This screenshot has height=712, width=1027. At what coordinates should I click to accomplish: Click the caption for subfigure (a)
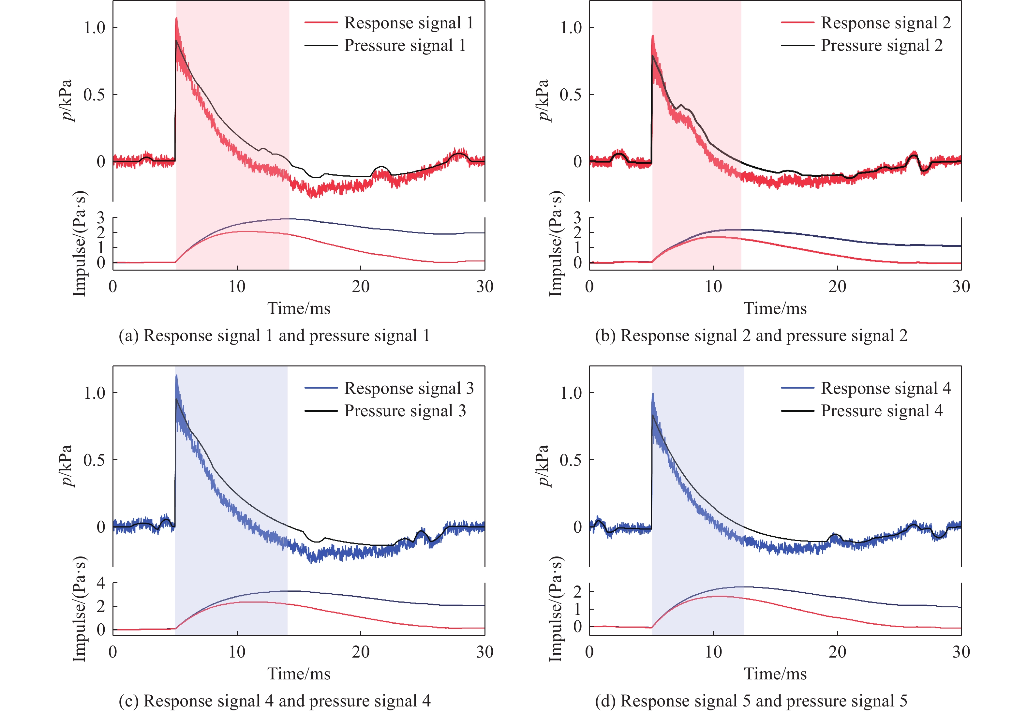274,335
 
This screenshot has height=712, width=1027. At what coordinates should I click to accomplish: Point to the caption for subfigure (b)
751,335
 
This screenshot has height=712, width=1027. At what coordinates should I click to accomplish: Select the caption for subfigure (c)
274,701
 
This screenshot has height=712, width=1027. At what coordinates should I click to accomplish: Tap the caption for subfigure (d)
751,701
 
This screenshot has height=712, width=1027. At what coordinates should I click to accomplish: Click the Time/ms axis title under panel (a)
299,308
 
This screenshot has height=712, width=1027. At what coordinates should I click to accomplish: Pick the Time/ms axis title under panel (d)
775,674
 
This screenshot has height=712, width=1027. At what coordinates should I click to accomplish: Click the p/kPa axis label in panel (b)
542,100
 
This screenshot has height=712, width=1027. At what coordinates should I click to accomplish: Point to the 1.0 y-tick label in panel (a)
95,28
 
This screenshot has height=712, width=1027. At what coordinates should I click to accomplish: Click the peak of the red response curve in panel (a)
176,19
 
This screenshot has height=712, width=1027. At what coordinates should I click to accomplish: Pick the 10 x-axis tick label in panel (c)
237,652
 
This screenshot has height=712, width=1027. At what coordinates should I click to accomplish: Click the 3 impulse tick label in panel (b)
577,218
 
